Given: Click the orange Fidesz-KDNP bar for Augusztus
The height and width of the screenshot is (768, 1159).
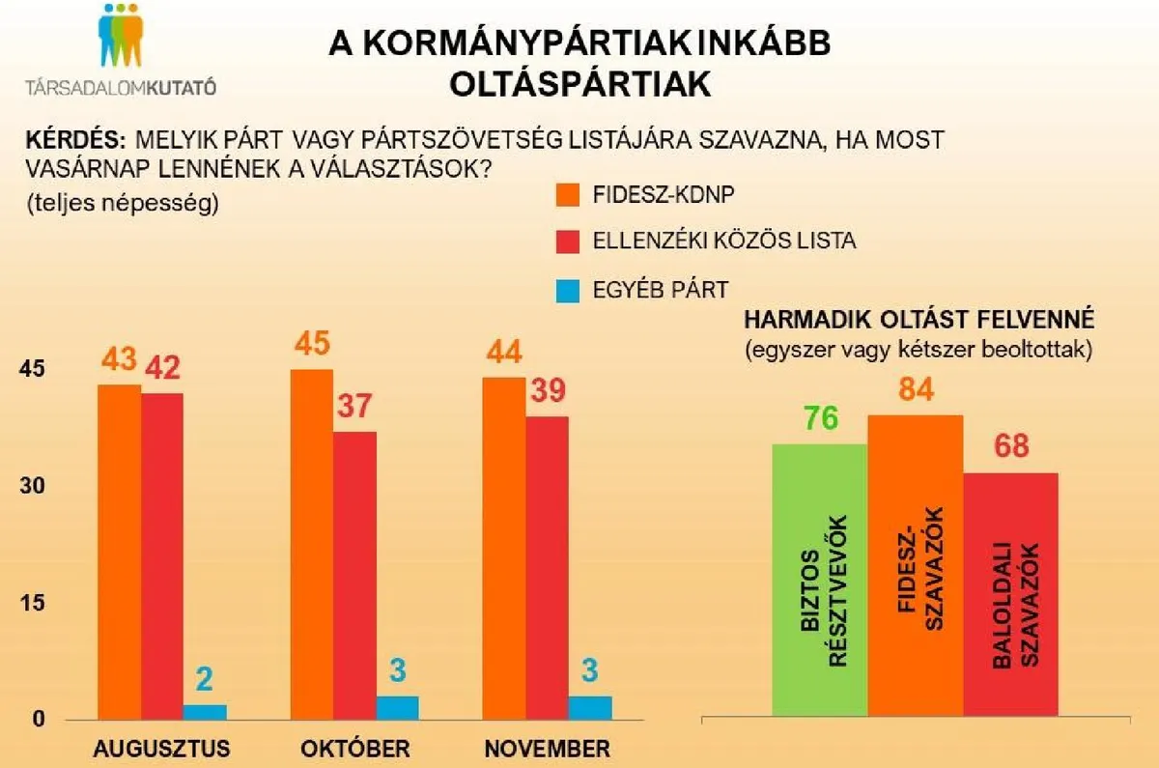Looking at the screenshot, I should (119, 552).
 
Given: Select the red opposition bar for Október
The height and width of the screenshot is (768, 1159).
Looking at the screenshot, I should (354, 575).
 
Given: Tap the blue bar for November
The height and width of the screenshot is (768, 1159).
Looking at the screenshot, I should (590, 707).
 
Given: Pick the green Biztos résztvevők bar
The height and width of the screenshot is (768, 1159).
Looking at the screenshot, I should (820, 580).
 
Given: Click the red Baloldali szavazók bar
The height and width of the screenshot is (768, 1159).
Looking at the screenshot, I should (1010, 594).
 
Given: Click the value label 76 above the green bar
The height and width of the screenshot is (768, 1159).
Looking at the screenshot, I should (819, 420).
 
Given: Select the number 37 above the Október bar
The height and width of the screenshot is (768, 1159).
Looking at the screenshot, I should (354, 406).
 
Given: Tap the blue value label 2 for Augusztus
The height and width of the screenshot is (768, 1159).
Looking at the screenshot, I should (205, 680).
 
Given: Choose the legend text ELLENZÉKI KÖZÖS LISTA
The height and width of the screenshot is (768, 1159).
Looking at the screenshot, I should (723, 241).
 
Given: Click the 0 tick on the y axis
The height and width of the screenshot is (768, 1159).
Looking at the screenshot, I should (40, 720).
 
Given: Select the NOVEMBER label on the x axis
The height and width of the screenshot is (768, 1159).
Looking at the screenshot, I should (548, 749).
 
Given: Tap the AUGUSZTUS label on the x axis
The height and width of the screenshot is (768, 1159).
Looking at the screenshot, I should (161, 749).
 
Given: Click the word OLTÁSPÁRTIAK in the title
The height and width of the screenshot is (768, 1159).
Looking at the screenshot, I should (579, 85).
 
